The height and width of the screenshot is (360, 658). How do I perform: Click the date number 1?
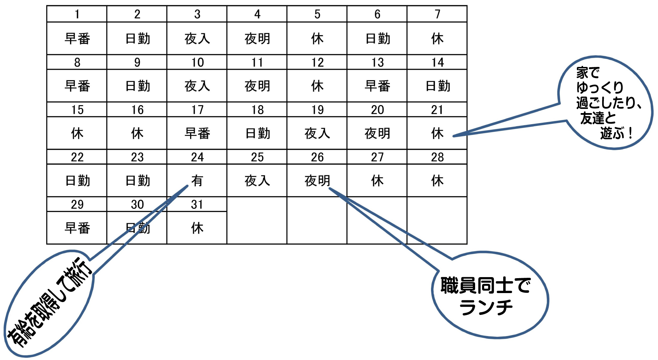click(77, 14)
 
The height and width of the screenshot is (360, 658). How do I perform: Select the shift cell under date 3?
click(197, 38)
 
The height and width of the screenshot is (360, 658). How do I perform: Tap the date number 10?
click(197, 62)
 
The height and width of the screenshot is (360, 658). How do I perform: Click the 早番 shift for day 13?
click(377, 86)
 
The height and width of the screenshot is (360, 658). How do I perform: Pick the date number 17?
click(197, 110)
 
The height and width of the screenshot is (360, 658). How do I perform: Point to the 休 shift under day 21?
click(437, 134)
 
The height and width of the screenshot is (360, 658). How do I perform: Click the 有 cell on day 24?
click(197, 181)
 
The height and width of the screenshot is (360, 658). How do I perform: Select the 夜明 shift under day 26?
click(317, 181)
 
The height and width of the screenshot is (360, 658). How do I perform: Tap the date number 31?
click(197, 205)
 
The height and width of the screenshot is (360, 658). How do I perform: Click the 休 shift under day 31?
click(197, 228)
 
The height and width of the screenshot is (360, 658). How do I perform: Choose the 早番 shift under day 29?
click(77, 228)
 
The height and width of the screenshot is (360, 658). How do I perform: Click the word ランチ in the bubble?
click(486, 308)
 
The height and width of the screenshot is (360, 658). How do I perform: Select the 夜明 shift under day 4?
click(257, 38)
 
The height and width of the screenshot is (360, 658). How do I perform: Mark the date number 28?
click(437, 157)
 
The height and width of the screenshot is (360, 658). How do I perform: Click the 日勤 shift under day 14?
click(437, 86)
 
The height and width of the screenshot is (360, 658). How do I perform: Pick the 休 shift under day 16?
click(137, 134)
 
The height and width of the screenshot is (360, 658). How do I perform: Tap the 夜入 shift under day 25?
click(257, 181)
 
